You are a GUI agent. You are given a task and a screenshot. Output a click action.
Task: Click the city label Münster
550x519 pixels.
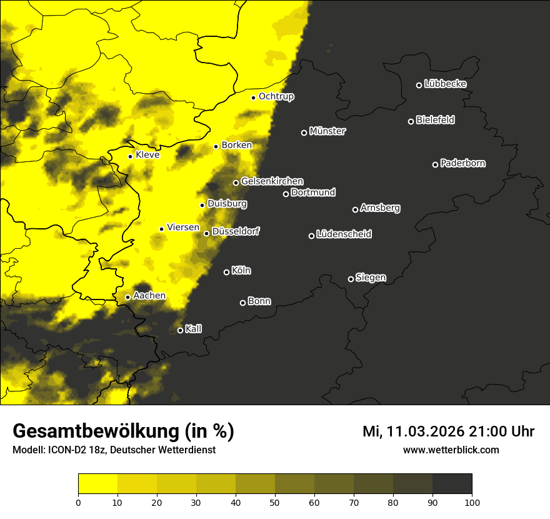(327, 131)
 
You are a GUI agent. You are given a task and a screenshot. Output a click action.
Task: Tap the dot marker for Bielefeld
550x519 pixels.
(411, 121)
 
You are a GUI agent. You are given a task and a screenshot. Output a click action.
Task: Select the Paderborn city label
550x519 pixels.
(463, 163)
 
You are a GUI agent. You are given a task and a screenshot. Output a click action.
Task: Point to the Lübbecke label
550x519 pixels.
(445, 84)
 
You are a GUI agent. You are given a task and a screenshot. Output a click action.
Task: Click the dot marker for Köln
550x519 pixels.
(226, 272)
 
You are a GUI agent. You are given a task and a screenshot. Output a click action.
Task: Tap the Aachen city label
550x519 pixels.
(149, 296)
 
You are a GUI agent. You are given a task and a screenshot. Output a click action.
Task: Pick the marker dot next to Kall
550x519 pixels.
(180, 330)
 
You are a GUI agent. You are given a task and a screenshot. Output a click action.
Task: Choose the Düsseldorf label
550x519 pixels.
(236, 231)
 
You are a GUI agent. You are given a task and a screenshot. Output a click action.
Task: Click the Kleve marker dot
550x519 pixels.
(130, 156)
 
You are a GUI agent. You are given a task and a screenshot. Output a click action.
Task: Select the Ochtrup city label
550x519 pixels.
(276, 96)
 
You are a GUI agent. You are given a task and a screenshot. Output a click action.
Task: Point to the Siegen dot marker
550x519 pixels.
(351, 279)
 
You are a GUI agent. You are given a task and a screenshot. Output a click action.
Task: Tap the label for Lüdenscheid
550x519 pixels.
(344, 234)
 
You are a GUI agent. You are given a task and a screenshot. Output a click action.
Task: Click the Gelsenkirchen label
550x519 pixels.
(272, 181)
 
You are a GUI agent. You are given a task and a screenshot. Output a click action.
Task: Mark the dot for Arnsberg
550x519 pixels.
(355, 209)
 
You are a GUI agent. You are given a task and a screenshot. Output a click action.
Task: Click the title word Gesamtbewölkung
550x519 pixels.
(96, 431)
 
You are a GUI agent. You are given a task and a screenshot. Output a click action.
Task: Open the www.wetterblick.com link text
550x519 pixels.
(451, 450)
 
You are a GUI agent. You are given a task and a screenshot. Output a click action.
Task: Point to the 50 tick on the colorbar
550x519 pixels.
(275, 501)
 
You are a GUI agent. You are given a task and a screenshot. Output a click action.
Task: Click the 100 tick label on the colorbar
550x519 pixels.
(472, 501)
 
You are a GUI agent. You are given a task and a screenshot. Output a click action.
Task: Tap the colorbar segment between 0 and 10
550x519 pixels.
(97, 484)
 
